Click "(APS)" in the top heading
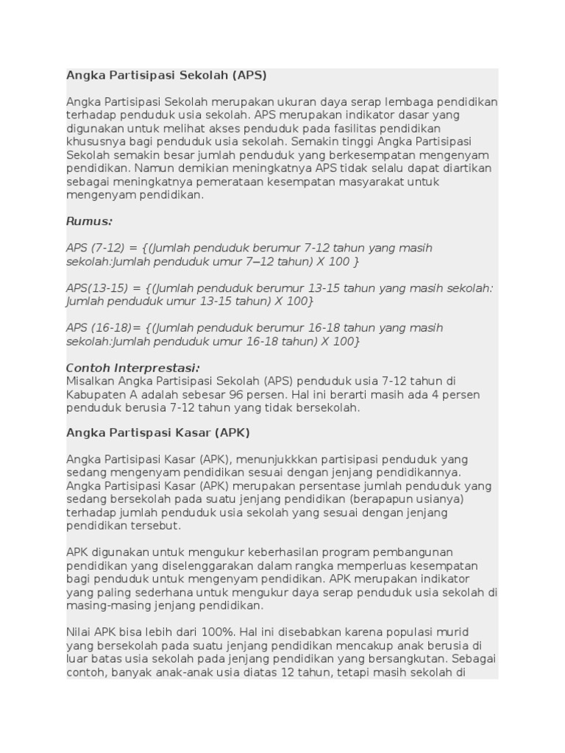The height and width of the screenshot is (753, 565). coord(250,75)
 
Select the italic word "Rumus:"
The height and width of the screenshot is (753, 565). coord(89,221)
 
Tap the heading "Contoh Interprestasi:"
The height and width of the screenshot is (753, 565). coord(133,368)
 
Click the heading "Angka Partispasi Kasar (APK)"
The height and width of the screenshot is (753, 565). coord(158,432)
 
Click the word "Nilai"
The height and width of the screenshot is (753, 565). coord(79,632)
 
